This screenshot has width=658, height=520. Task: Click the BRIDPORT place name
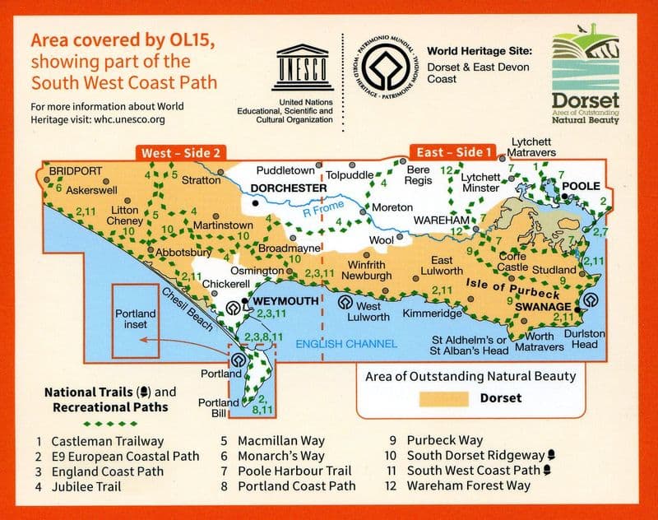tap(76, 171)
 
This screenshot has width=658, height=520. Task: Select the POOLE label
tap(582, 187)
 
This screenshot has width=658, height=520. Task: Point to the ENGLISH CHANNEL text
tap(346, 344)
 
